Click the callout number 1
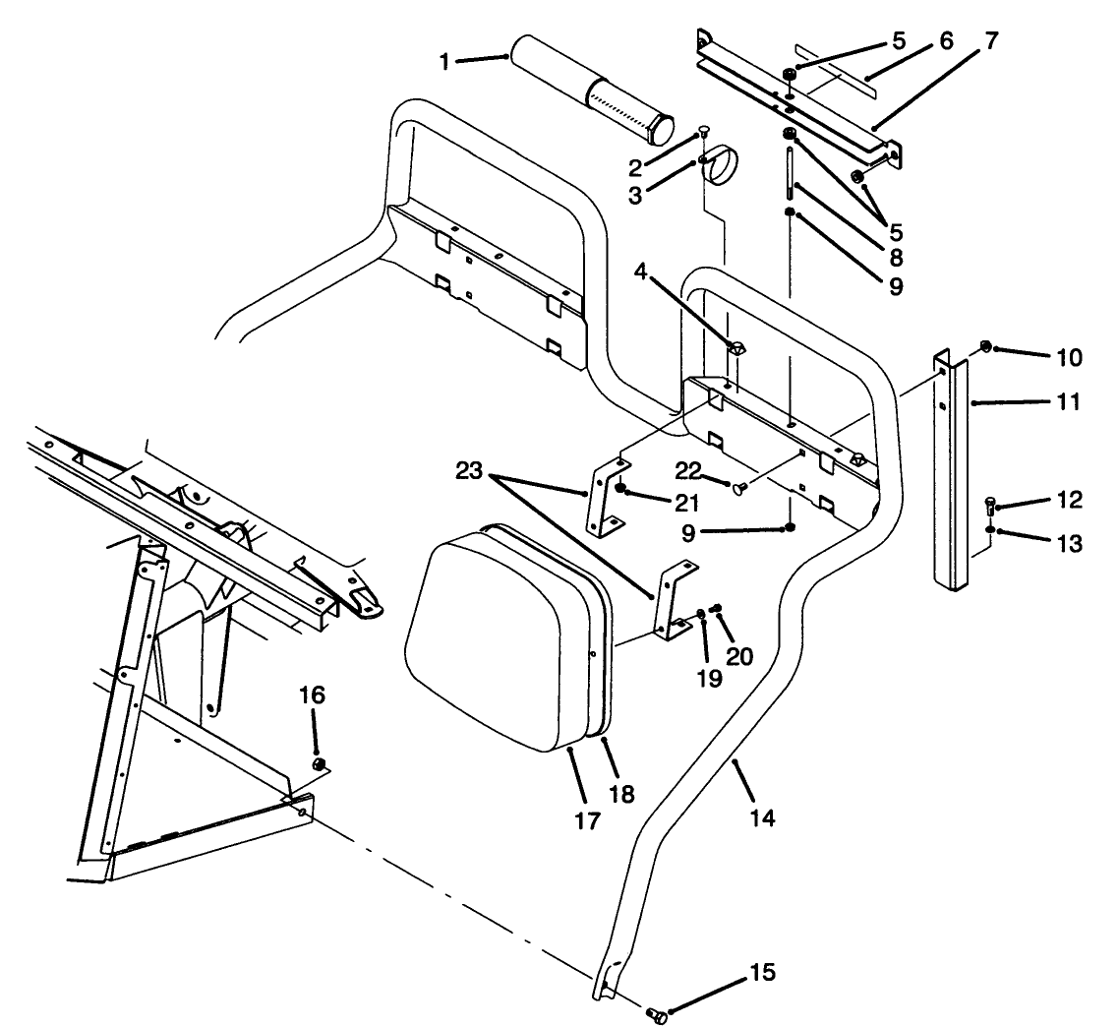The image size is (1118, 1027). [x=444, y=61]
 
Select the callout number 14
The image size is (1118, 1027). [x=762, y=816]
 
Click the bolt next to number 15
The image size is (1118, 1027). [x=656, y=1015]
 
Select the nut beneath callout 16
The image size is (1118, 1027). [x=318, y=765]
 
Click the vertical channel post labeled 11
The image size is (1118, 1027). [x=952, y=472]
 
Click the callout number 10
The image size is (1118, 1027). [x=1068, y=358]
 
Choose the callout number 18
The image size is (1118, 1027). [x=622, y=793]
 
